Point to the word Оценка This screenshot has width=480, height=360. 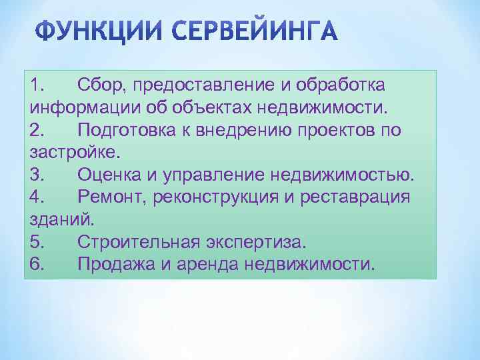pos(106,175)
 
